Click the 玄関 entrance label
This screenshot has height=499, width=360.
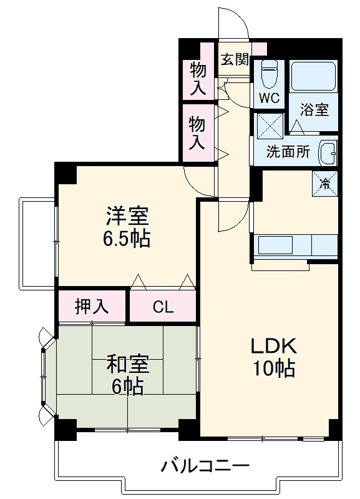click(235, 60)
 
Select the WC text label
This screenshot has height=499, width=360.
click(270, 98)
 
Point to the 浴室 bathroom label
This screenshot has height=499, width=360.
click(314, 110)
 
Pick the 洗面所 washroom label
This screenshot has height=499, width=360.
click(288, 152)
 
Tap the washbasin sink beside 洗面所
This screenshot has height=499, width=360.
click(327, 151)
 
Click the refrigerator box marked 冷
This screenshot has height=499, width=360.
click(325, 182)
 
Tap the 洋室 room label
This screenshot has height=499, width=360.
click(127, 216)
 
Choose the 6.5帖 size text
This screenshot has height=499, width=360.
click(127, 239)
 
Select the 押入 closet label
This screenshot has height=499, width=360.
click(92, 306)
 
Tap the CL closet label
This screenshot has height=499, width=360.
click(163, 307)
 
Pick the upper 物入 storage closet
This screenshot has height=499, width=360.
click(198, 78)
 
